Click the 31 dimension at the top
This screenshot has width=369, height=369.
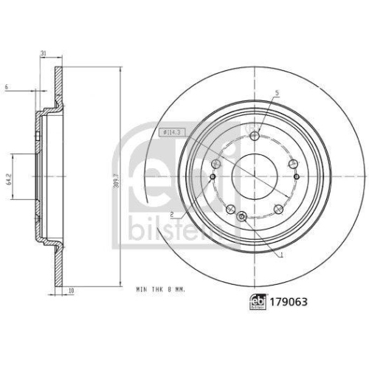44,52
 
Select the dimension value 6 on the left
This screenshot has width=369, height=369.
6,87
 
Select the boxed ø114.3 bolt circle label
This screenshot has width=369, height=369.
170,131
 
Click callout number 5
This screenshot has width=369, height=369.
277,93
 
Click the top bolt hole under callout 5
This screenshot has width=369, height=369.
255,136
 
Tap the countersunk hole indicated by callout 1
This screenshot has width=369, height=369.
242,215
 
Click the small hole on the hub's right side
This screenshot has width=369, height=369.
296,176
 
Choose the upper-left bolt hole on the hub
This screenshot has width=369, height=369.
216,164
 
